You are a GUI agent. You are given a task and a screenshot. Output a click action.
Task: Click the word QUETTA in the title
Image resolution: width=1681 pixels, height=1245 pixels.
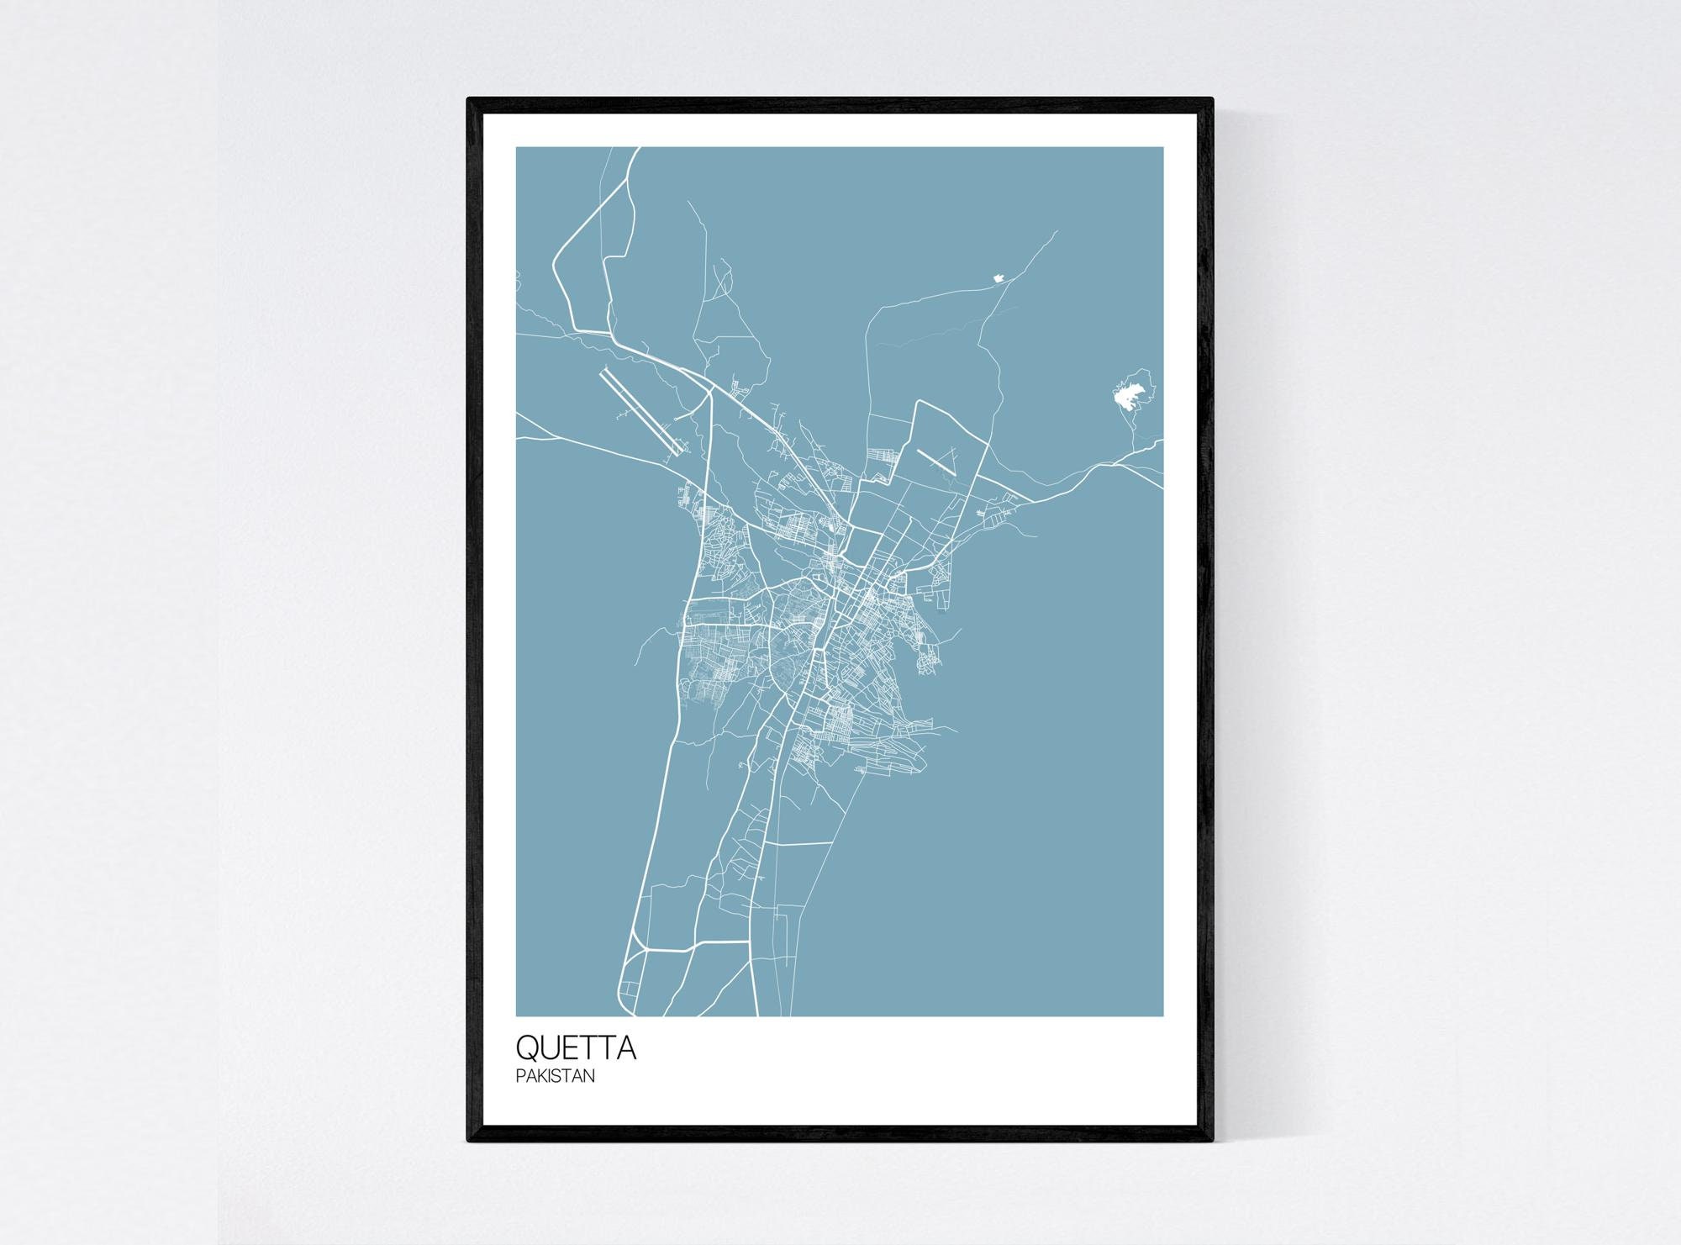coord(576,1048)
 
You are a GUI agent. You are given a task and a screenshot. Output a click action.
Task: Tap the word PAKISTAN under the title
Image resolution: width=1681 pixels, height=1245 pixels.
coord(556,1076)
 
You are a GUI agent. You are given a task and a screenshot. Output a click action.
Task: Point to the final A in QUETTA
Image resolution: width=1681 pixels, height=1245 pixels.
coord(626,1048)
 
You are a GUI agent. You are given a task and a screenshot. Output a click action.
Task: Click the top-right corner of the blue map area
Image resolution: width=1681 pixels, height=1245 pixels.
coord(1163,148)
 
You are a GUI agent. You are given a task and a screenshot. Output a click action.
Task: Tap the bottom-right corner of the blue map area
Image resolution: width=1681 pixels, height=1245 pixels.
coord(1163,1016)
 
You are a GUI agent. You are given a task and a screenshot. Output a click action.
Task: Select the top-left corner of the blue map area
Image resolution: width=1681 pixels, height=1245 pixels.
coord(517,148)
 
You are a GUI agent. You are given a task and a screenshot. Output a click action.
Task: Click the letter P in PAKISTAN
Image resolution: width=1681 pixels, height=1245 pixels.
coord(520,1076)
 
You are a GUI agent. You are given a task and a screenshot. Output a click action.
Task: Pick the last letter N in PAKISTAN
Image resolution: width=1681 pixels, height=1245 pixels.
coord(590,1076)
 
